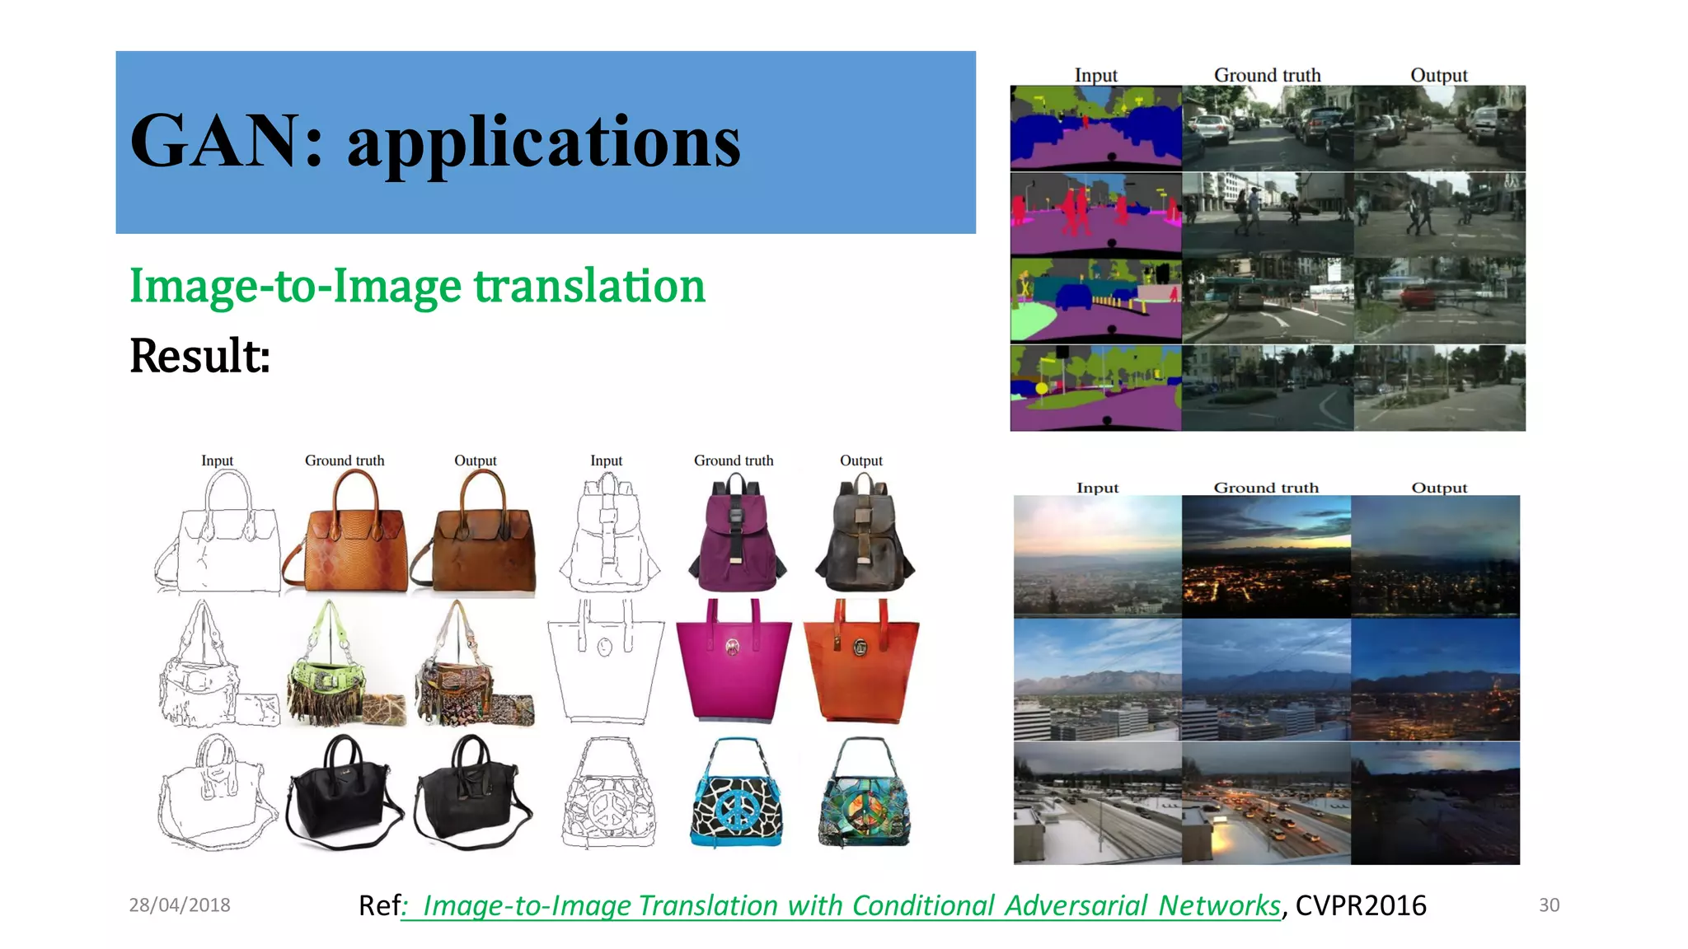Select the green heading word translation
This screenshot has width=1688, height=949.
coord(588,286)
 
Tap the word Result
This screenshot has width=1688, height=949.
coord(198,356)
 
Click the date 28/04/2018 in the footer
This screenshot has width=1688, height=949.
coord(179,905)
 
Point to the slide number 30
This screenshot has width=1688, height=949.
coord(1549,905)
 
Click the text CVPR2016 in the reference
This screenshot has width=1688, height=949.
coord(1360,905)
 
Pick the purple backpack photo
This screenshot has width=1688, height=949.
coord(735,534)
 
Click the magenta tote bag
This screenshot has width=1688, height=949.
coord(733,660)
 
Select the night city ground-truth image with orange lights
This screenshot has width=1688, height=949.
coord(1265,556)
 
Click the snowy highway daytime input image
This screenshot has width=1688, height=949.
coord(1097,803)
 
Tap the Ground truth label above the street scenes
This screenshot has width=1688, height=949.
coord(1267,75)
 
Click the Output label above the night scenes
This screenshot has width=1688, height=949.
coord(1439,488)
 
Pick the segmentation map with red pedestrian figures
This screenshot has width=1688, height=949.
coord(1095,213)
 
